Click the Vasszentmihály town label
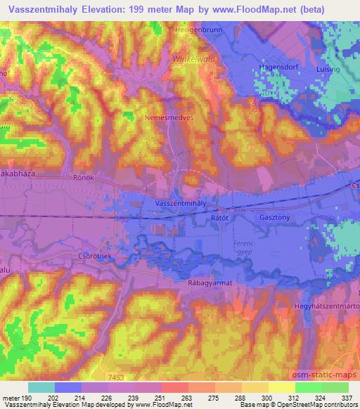pos(181,202)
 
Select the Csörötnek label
pos(91,258)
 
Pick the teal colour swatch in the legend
pos(41,387)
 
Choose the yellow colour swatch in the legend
pos(281,387)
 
